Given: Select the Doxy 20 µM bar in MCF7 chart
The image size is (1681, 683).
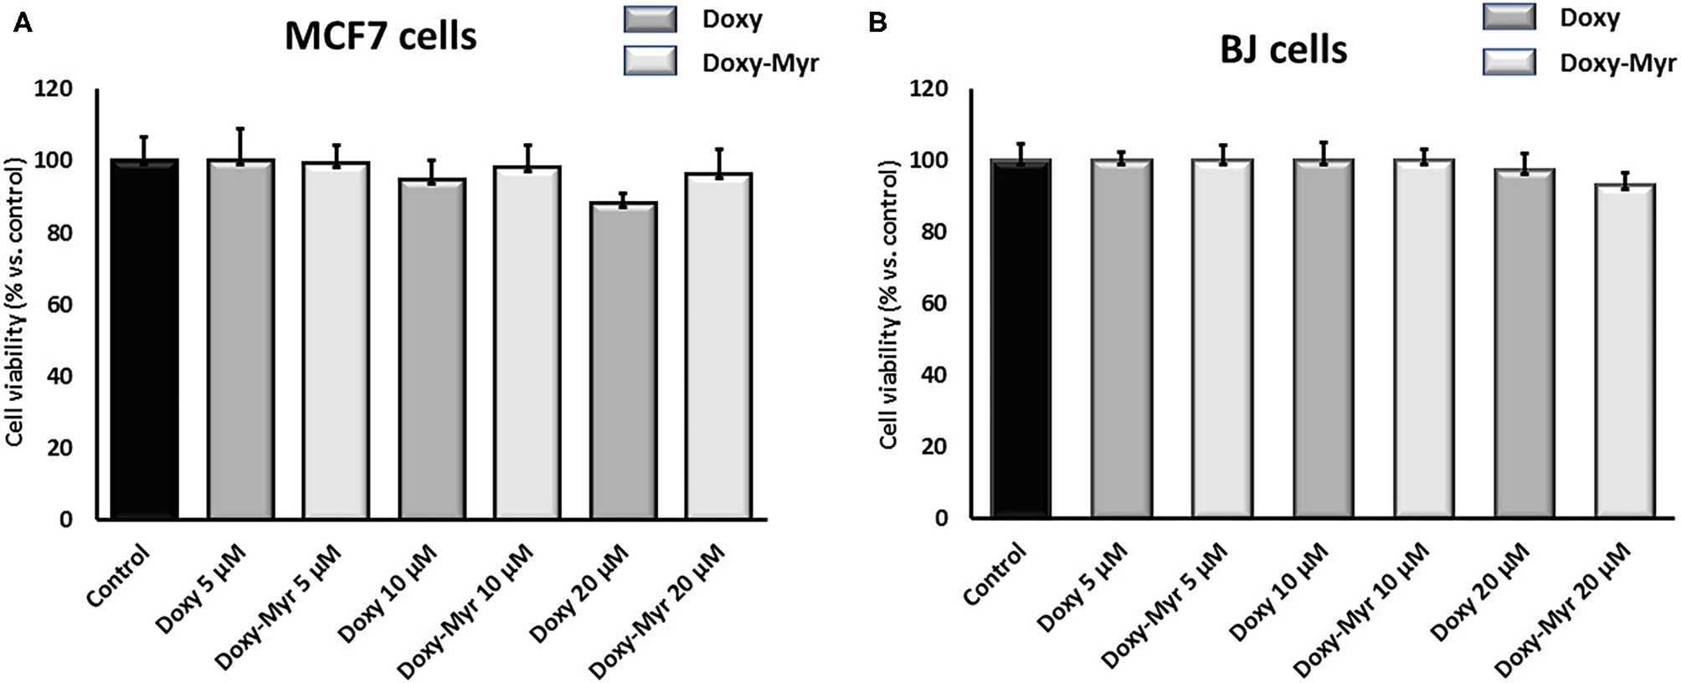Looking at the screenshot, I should [x=623, y=360].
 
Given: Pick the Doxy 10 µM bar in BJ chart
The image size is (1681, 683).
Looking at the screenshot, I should [x=1323, y=339].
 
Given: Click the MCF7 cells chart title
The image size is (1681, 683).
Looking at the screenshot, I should [x=380, y=38].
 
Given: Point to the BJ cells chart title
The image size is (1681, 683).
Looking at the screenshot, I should [x=1283, y=50].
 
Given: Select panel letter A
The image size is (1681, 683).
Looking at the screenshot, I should [x=23, y=24].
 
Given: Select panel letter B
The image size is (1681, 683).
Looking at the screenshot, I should [x=877, y=24].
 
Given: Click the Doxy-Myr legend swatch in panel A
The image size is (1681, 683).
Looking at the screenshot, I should [x=650, y=61].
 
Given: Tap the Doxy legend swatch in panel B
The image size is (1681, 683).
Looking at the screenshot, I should [x=1509, y=17].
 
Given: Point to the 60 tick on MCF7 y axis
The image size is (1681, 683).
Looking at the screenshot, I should [x=59, y=305].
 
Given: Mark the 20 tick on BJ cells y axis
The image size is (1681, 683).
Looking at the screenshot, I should [x=935, y=446].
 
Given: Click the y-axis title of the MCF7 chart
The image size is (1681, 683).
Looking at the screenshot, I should [x=17, y=306].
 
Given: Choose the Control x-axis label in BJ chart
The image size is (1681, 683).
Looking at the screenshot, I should [x=994, y=575].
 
